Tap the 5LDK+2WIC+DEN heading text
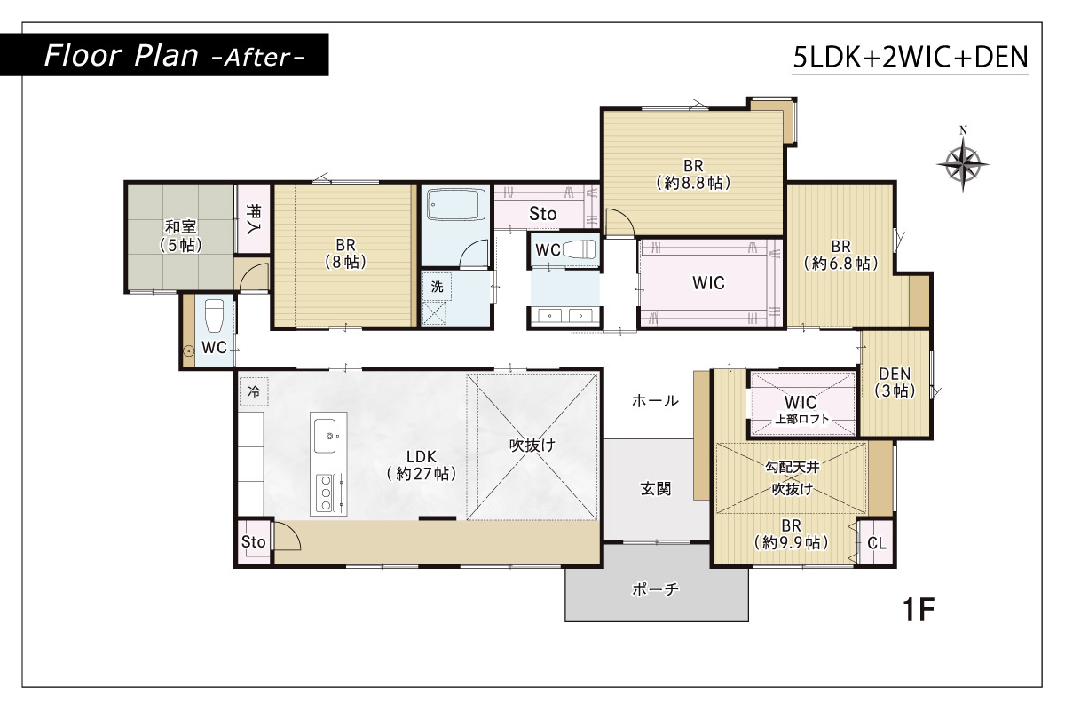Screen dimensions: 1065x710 click(911, 57)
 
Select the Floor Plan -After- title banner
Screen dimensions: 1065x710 click(164, 55)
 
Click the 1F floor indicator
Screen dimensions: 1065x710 click(919, 610)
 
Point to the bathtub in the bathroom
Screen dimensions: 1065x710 click(455, 204)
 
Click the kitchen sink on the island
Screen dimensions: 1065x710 click(325, 436)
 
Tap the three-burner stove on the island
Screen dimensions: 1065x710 click(327, 493)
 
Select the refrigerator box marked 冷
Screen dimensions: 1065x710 click(254, 391)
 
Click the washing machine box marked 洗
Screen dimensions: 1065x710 click(437, 287)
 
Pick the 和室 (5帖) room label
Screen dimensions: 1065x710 click(181, 235)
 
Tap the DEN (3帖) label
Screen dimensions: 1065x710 click(895, 382)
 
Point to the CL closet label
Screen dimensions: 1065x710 click(877, 543)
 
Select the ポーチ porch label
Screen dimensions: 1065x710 click(655, 589)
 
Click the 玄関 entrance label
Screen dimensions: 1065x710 click(656, 488)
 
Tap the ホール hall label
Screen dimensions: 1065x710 click(655, 400)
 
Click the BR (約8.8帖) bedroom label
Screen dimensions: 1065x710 click(693, 174)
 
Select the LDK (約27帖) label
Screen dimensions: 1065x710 click(422, 465)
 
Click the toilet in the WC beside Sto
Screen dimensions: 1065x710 click(579, 248)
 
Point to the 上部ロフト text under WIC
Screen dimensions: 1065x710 click(802, 419)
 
